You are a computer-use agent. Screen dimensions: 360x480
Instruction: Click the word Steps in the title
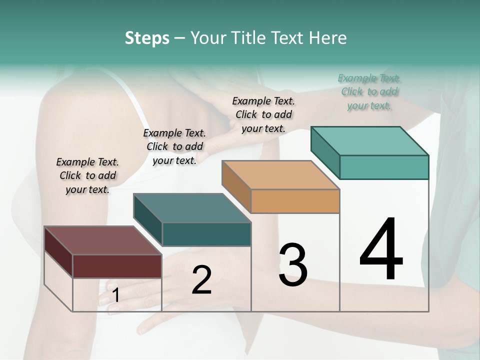point(147,38)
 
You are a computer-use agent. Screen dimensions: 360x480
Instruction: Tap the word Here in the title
point(328,38)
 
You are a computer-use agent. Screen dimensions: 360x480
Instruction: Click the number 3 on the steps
point(293,265)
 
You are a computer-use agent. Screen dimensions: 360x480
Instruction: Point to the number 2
point(201,280)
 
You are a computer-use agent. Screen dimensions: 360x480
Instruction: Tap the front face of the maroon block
point(117,266)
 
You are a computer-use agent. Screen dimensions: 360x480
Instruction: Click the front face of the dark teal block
point(206,234)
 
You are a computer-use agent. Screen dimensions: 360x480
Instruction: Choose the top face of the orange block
point(280,175)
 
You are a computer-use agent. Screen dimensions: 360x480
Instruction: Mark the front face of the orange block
point(295,201)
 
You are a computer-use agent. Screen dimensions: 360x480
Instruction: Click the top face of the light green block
point(369,140)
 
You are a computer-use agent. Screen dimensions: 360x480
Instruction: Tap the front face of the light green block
point(384,167)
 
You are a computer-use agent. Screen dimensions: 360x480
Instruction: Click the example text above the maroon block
point(87,175)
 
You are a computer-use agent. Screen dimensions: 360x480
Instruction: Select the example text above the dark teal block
point(174,146)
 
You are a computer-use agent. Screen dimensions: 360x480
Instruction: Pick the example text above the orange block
point(263,114)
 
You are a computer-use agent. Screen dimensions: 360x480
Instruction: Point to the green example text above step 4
point(369,91)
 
